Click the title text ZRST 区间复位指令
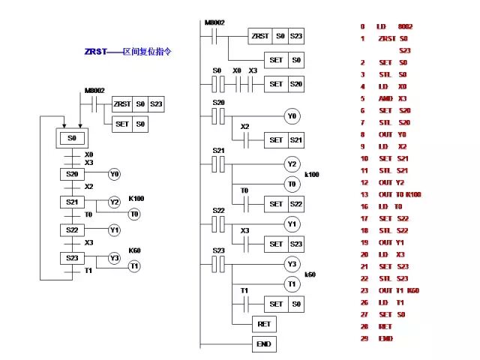coord(127,52)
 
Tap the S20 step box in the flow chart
coord(73,175)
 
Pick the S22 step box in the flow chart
coord(73,229)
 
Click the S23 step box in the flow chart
coord(73,257)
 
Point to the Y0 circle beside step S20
coord(114,175)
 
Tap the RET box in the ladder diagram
coord(264,324)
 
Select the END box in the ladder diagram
coord(264,344)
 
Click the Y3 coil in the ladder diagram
coord(292,264)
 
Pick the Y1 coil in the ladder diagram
coord(292,224)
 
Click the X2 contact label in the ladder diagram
coord(244,127)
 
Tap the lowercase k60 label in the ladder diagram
coord(310,274)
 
